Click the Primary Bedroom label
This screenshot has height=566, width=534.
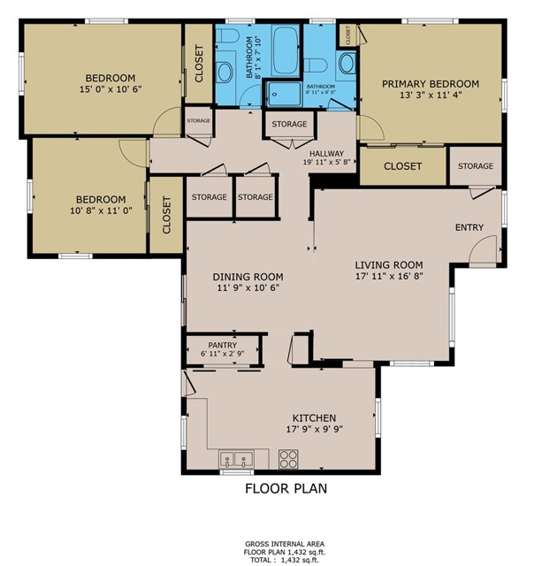click(430, 84)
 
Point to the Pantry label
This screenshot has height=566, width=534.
click(223, 345)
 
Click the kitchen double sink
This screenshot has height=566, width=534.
click(236, 459)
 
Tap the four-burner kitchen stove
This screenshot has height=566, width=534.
click(288, 459)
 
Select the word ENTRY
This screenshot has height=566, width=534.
click(469, 228)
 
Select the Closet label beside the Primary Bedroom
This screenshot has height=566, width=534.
click(402, 166)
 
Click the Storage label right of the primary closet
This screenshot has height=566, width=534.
click(476, 166)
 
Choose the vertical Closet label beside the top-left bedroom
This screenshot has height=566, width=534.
click(199, 64)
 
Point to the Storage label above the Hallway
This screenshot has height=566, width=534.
click(289, 125)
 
